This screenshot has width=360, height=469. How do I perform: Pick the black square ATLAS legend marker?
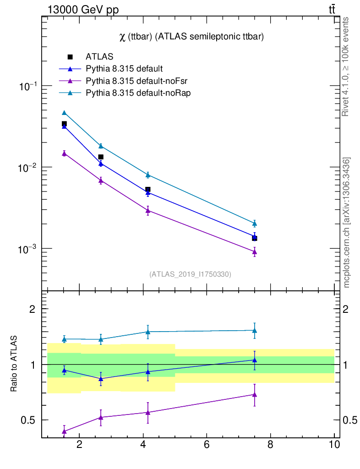pos(70,57)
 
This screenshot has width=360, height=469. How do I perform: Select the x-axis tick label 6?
pos(207,444)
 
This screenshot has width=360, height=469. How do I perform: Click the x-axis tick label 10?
pos(334,444)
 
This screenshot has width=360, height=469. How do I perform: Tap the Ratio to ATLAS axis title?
pos(14,364)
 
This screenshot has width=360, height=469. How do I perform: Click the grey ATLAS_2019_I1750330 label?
pos(190,274)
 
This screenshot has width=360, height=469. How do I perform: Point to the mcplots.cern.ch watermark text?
pos(347,222)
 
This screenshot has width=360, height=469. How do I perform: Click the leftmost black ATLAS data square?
pos(64,124)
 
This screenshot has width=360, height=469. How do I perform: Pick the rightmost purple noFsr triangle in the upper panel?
pos(254,252)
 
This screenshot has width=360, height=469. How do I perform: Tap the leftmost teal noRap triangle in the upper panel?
pos(64,113)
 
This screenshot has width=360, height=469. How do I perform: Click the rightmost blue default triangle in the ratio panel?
pos(254,360)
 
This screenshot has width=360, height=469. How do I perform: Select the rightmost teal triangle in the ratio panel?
pos(254,330)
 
